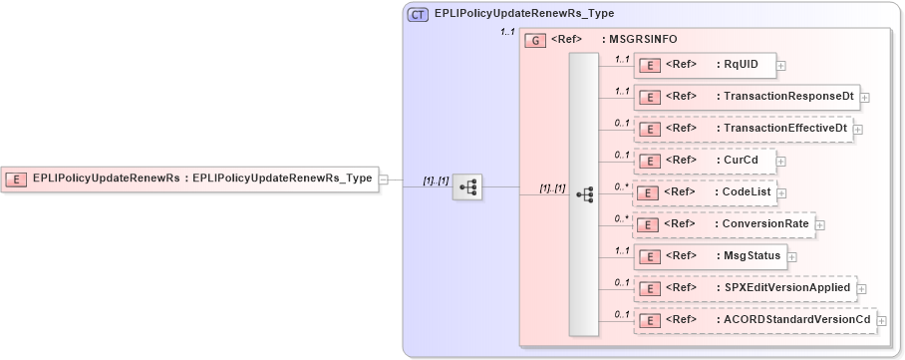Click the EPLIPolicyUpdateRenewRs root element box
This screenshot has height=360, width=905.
pos(189,179)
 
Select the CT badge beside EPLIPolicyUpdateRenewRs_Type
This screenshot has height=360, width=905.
pos(419,14)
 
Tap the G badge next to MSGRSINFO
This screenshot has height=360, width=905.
pos(534,40)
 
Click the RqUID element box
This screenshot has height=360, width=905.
pos(703,65)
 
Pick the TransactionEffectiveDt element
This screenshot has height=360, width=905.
pos(743,129)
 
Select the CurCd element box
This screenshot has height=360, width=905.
pos(703,160)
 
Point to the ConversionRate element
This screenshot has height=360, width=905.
pos(724,224)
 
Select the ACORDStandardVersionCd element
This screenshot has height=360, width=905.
pos(754,320)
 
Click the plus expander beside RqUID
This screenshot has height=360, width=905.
pos(781,66)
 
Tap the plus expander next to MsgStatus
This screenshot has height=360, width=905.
pos(792,256)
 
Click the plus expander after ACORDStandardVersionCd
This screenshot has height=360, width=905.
pos(882,321)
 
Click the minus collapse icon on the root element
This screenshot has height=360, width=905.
pos(385,180)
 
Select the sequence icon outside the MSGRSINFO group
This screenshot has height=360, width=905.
pos(467,186)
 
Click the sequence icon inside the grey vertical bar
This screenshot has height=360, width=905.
pos(584,193)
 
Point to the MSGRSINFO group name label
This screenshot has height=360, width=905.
pos(643,40)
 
